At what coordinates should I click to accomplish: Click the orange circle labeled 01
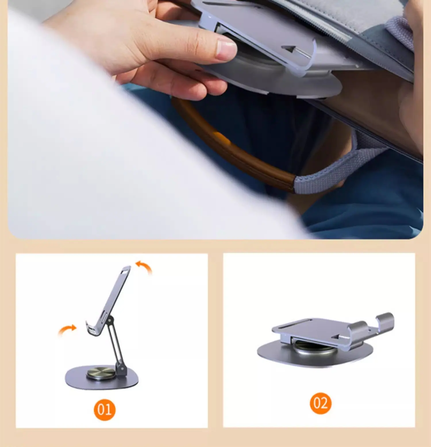(105, 410)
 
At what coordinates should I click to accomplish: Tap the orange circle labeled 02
(320, 403)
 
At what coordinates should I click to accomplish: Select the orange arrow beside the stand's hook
(67, 330)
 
